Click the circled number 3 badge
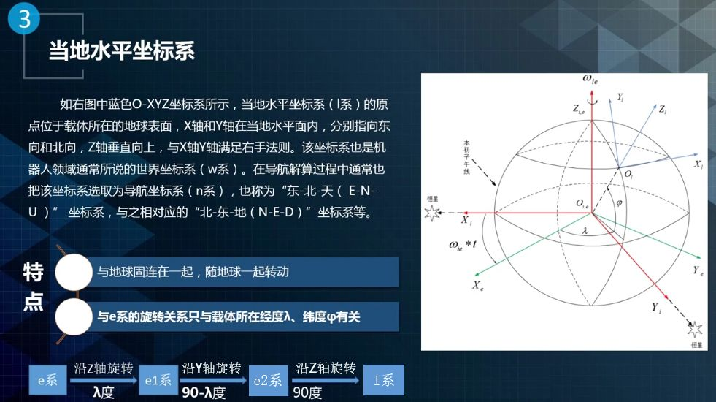click(24, 18)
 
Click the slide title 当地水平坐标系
click(122, 50)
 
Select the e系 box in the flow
click(48, 379)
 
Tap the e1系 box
click(158, 379)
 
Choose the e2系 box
click(268, 380)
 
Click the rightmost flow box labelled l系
click(384, 379)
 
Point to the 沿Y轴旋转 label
click(212, 368)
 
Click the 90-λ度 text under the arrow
click(204, 392)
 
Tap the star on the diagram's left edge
click(432, 213)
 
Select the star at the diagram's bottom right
click(695, 329)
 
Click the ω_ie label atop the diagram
click(590, 80)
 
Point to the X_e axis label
click(477, 286)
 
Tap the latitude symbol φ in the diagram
click(619, 202)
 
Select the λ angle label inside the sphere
click(585, 231)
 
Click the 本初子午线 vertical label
click(466, 157)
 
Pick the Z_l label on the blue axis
click(663, 110)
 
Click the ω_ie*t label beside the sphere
click(463, 245)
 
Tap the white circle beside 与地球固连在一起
click(74, 272)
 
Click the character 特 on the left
click(34, 272)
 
